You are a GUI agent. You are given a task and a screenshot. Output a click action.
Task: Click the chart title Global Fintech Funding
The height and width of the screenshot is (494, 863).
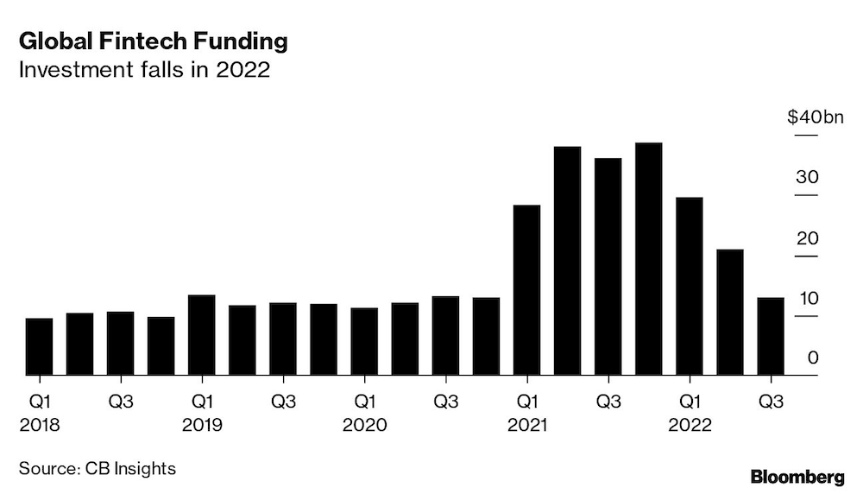(153, 41)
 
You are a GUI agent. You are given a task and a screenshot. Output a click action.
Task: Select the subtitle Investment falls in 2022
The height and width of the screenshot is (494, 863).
(144, 71)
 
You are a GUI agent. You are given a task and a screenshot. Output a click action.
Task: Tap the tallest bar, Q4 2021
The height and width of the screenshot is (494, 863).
(648, 259)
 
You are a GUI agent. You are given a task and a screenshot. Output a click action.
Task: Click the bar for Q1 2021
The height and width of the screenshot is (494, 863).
(526, 290)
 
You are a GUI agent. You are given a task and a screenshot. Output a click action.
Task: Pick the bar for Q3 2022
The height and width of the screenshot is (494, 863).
(770, 337)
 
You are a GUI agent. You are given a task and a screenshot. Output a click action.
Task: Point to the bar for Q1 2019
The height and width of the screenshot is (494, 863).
(201, 335)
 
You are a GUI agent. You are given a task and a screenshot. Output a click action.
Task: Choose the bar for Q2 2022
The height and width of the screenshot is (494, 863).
(729, 312)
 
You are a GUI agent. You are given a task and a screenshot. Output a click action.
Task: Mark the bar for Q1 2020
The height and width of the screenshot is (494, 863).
(363, 342)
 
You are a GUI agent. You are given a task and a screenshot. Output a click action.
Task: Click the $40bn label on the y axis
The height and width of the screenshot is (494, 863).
(814, 117)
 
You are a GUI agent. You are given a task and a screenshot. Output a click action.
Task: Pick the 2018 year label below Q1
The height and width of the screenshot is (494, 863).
(39, 425)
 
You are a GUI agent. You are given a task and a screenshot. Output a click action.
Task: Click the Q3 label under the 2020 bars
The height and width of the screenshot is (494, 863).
(445, 402)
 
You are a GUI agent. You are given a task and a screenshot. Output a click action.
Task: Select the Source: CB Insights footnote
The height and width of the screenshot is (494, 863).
(98, 469)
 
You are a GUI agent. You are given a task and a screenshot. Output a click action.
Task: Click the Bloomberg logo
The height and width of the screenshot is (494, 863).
(797, 477)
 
